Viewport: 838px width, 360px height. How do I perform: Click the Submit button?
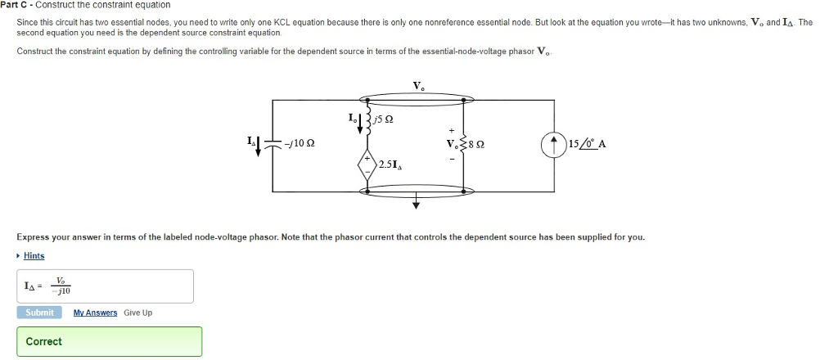(39, 313)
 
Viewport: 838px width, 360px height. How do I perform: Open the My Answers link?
(95, 313)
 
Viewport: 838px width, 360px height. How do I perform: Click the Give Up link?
(137, 313)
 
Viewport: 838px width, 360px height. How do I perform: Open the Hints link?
(34, 256)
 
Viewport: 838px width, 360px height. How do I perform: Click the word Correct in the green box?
(44, 341)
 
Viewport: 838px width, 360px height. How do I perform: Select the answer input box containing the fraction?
(105, 286)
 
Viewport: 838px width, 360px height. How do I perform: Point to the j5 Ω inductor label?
(385, 120)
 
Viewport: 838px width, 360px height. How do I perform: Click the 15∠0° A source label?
(585, 145)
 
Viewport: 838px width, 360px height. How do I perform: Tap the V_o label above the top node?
(418, 86)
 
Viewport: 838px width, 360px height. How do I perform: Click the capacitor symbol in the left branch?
(273, 144)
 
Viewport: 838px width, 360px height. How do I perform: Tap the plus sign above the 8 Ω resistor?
(449, 130)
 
